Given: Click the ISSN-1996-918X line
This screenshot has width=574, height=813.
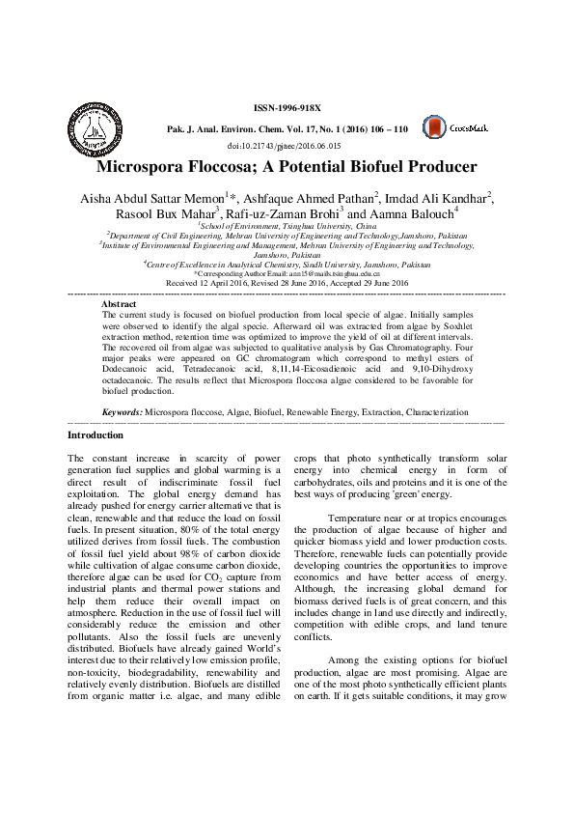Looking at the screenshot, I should coord(287,110).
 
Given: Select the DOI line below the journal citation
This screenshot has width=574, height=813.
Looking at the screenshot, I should coord(287,145).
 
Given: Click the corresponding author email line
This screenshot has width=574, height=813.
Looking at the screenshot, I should coord(287,274).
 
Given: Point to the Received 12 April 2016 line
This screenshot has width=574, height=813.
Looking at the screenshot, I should coord(287,283).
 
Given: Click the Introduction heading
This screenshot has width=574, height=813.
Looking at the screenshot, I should coord(96,463).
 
